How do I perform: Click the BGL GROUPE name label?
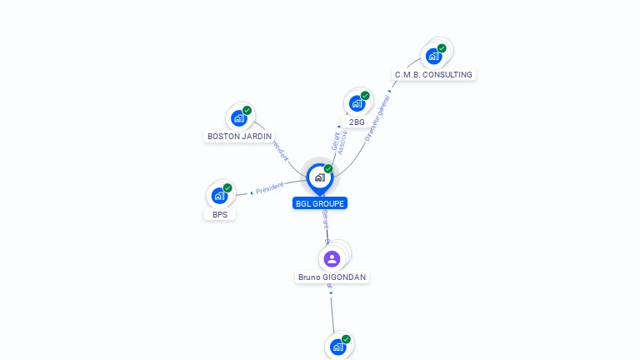320,203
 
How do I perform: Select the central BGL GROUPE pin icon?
319,177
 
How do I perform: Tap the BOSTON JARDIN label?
239,136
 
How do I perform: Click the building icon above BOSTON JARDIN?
239,117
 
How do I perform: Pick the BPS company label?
220,214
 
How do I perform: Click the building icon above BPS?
219,196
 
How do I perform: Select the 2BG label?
357,122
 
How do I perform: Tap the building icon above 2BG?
357,103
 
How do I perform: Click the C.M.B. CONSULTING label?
433,74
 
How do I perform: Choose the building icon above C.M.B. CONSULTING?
433,56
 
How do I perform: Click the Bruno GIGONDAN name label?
332,277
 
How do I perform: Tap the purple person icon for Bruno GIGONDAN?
332,258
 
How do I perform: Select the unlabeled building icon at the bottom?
337,347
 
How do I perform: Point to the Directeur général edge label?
377,118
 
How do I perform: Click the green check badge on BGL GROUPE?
328,169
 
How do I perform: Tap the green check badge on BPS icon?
227,188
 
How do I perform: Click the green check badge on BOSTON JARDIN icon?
247,110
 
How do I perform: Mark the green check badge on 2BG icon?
365,96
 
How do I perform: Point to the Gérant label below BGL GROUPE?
325,220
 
